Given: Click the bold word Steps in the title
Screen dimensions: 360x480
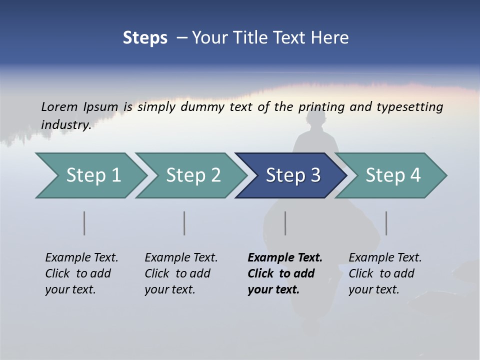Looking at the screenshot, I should [x=145, y=38].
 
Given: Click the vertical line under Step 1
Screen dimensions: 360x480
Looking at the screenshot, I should [x=84, y=223].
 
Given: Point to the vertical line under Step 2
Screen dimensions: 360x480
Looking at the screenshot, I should [x=184, y=223].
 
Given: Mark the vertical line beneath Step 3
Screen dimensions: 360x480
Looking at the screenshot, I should [x=285, y=223].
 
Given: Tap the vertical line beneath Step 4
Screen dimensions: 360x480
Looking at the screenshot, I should [x=386, y=223].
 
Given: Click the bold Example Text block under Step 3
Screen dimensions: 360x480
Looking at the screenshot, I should [x=285, y=273].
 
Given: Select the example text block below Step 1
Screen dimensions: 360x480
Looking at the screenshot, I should [x=81, y=273].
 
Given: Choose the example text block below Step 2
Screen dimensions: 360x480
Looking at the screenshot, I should [x=181, y=273].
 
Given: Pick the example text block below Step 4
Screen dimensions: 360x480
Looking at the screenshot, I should [x=385, y=273].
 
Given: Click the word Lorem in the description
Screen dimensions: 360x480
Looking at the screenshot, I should [x=59, y=107].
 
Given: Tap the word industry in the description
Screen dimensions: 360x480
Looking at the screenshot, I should [x=65, y=124].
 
